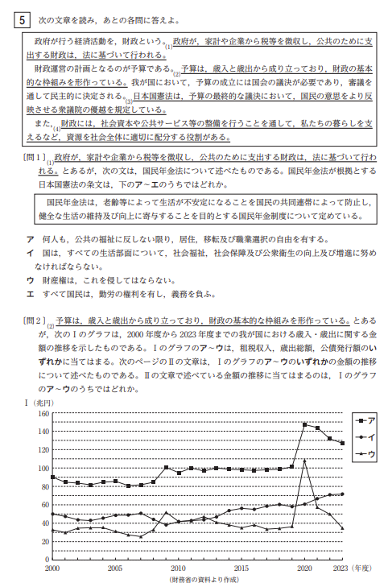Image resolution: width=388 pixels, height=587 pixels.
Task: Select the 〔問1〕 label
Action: tap(35, 159)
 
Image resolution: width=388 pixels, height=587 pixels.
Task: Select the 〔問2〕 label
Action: tap(35, 320)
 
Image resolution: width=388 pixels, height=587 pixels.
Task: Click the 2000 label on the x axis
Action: tap(52, 568)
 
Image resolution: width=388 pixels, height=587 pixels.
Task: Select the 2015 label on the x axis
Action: tap(241, 568)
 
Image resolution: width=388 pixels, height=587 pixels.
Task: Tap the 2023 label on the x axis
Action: tap(342, 568)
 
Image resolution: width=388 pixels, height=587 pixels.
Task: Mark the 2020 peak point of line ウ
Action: tap(304, 460)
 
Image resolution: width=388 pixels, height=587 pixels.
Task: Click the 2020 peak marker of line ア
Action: tap(304, 424)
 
